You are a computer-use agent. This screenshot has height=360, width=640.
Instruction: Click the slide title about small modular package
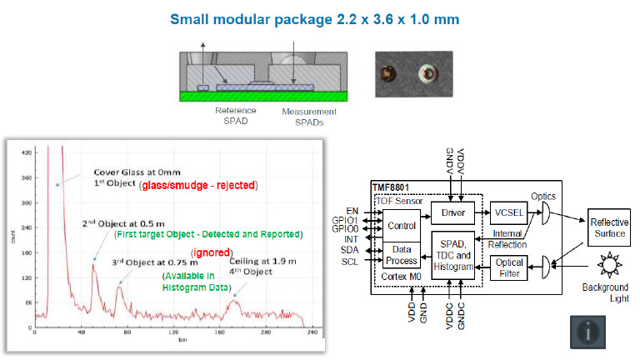tap(319, 18)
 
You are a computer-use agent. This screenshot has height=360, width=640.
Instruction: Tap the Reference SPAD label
tap(236, 116)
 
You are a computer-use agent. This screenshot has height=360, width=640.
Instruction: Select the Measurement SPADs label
tap(309, 116)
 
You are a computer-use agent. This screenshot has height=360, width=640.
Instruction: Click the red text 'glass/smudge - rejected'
tap(197, 183)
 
